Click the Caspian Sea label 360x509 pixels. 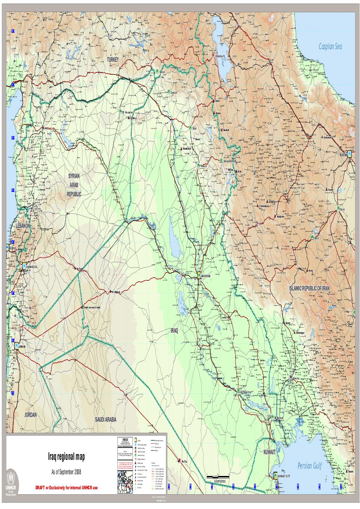(335, 46)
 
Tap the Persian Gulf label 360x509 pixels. (309, 466)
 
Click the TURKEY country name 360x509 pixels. (113, 60)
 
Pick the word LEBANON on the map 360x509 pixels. (22, 226)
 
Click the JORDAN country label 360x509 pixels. (30, 415)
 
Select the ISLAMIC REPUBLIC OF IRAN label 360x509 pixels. (309, 288)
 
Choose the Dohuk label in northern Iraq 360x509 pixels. (175, 92)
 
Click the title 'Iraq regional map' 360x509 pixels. (66, 457)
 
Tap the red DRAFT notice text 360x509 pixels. (66, 489)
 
